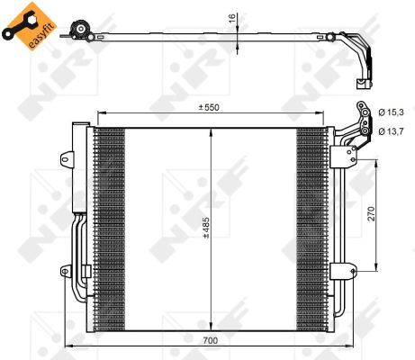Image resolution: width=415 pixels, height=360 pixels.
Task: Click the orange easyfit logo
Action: tap(27, 28)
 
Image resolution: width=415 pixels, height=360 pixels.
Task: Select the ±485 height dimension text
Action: tap(206, 226)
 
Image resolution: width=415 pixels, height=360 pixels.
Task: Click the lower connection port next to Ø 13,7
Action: tap(365, 132)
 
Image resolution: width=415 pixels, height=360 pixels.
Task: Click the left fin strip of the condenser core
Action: tap(109, 225)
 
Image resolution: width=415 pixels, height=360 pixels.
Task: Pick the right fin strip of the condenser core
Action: tap(310, 225)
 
